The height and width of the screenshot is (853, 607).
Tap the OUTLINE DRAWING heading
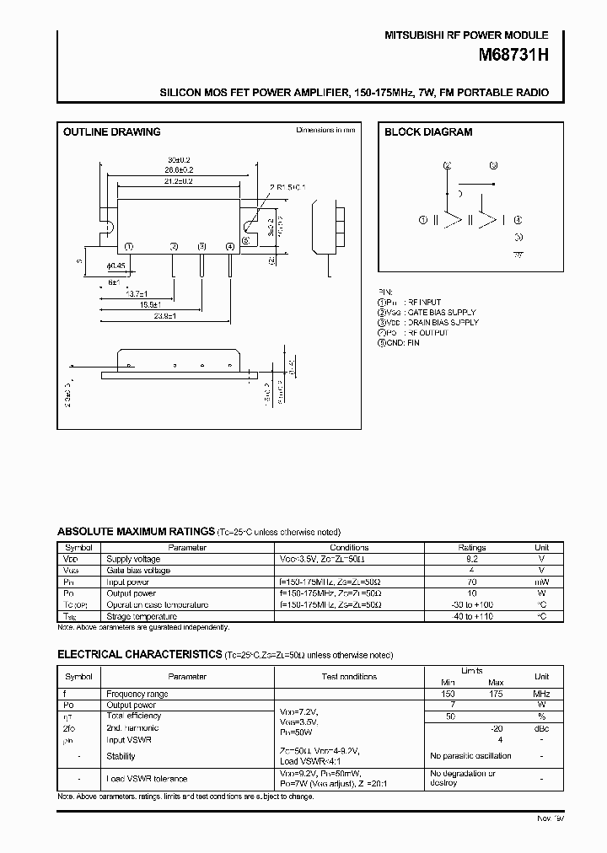[112, 132]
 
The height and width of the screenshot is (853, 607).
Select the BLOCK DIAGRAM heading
[428, 132]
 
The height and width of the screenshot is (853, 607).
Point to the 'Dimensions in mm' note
[325, 131]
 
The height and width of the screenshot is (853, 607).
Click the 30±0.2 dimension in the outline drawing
[178, 159]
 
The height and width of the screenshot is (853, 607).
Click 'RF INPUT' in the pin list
[423, 302]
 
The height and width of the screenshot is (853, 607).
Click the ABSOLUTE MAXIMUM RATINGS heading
[135, 532]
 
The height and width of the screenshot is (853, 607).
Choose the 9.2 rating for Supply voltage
[471, 558]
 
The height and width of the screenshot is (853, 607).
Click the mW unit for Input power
[541, 582]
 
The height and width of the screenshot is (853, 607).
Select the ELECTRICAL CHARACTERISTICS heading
[139, 655]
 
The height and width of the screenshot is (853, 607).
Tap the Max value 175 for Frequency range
[495, 694]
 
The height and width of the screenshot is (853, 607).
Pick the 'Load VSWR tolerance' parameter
[147, 778]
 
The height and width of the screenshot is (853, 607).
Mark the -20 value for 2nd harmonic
[497, 727]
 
